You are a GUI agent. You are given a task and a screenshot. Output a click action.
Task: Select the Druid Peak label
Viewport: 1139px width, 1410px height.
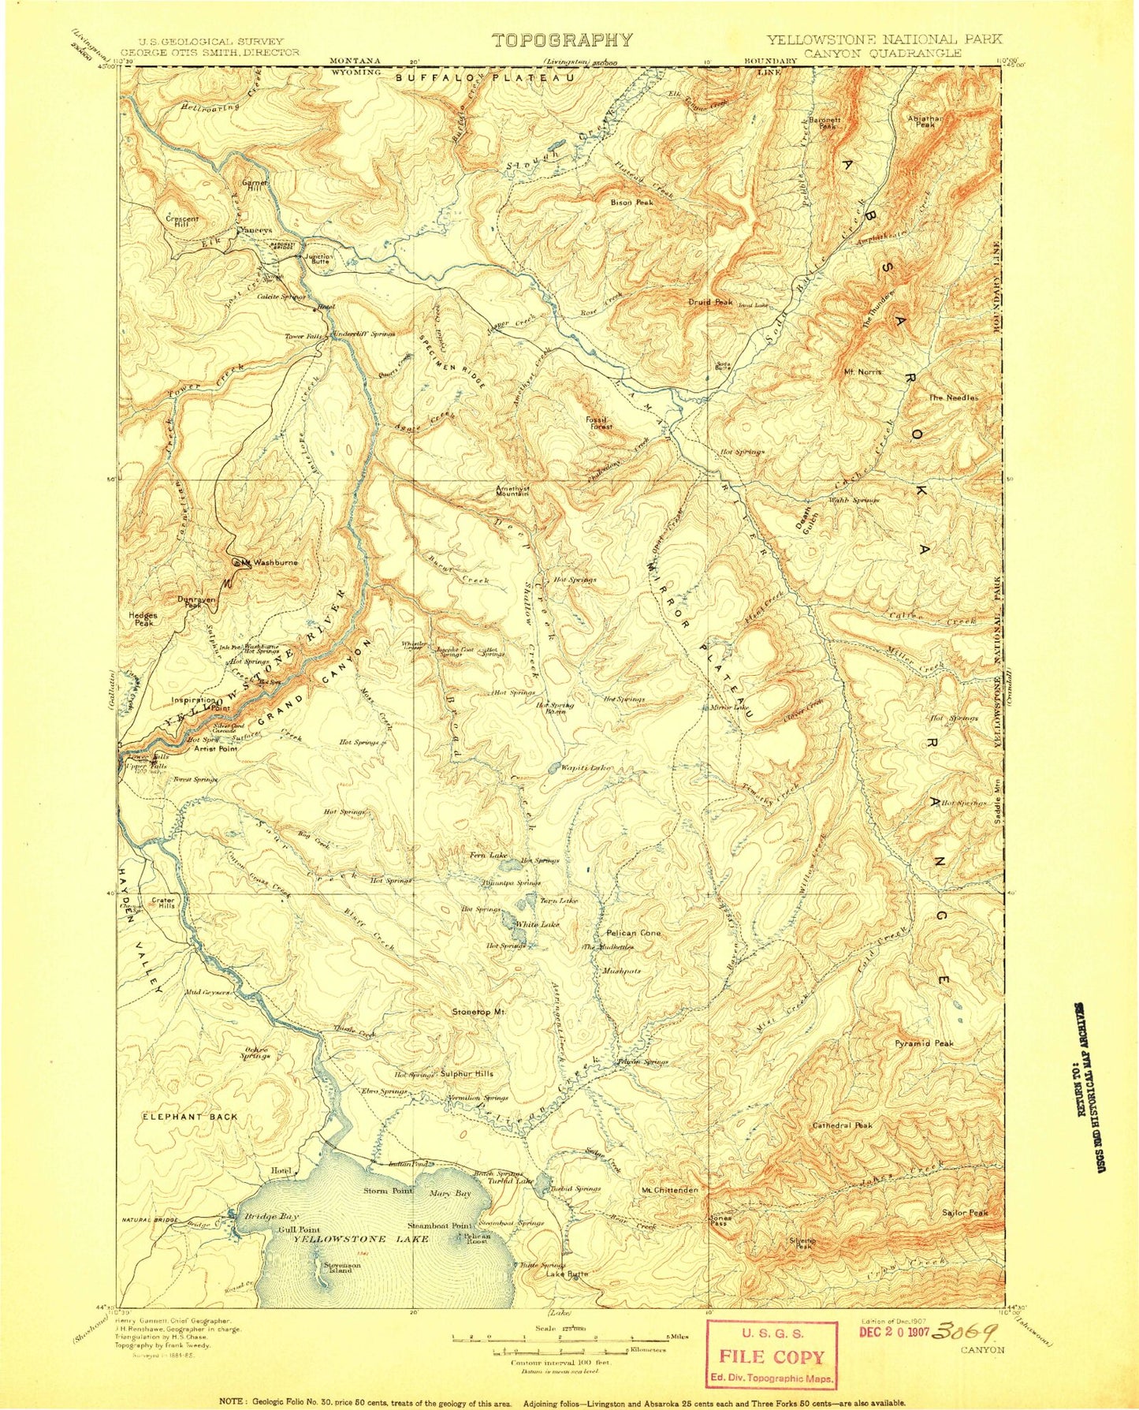[x=709, y=302]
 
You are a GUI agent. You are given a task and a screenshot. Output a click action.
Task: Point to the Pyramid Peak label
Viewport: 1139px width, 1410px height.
[x=924, y=1043]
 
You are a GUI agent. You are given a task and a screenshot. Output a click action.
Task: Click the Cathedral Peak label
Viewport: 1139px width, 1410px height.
[x=842, y=1125]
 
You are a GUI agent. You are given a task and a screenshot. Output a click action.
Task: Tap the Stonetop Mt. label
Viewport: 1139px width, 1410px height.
[x=478, y=1012]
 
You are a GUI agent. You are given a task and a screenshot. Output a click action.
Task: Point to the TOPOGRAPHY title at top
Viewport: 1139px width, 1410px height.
[x=562, y=41]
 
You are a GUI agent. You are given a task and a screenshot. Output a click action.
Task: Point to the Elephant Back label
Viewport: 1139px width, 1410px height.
[x=190, y=1117]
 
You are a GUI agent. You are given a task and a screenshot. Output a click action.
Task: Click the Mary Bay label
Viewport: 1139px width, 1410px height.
[x=452, y=1194]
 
